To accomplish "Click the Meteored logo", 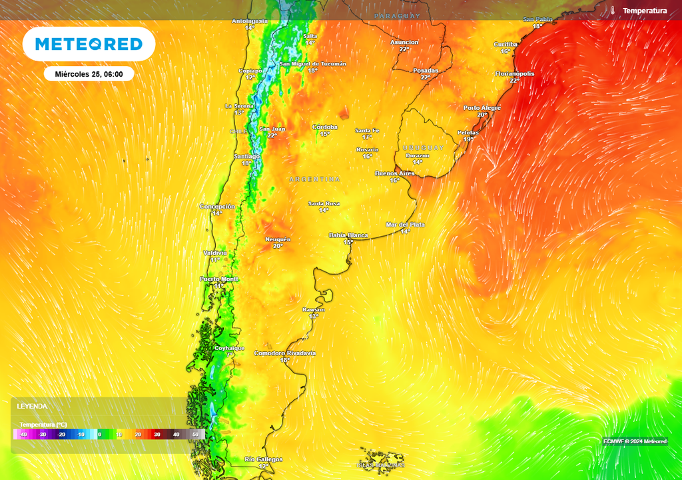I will (x=89, y=44).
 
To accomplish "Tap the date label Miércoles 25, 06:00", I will (x=89, y=74).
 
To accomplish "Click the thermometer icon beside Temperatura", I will (x=612, y=11).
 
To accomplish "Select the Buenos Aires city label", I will (x=395, y=173).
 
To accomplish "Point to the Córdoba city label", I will (x=325, y=127).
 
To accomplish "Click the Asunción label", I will (x=404, y=42).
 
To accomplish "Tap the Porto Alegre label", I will (x=482, y=107).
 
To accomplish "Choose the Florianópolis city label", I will (x=515, y=73).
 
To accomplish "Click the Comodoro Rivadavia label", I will (x=285, y=353).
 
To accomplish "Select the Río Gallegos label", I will (x=264, y=459).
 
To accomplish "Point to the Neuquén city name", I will (x=278, y=239).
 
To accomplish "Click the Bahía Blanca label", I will (x=348, y=235).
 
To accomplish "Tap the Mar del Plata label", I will (x=406, y=225).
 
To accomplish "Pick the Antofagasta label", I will (x=250, y=21).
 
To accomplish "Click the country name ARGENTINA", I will (x=314, y=179).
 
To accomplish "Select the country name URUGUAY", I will (x=423, y=147).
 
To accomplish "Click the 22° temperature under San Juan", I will (x=272, y=135).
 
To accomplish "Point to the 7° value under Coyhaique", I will (x=230, y=355).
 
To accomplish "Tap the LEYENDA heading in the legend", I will (x=32, y=406).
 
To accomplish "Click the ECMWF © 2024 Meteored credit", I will (x=635, y=441).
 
